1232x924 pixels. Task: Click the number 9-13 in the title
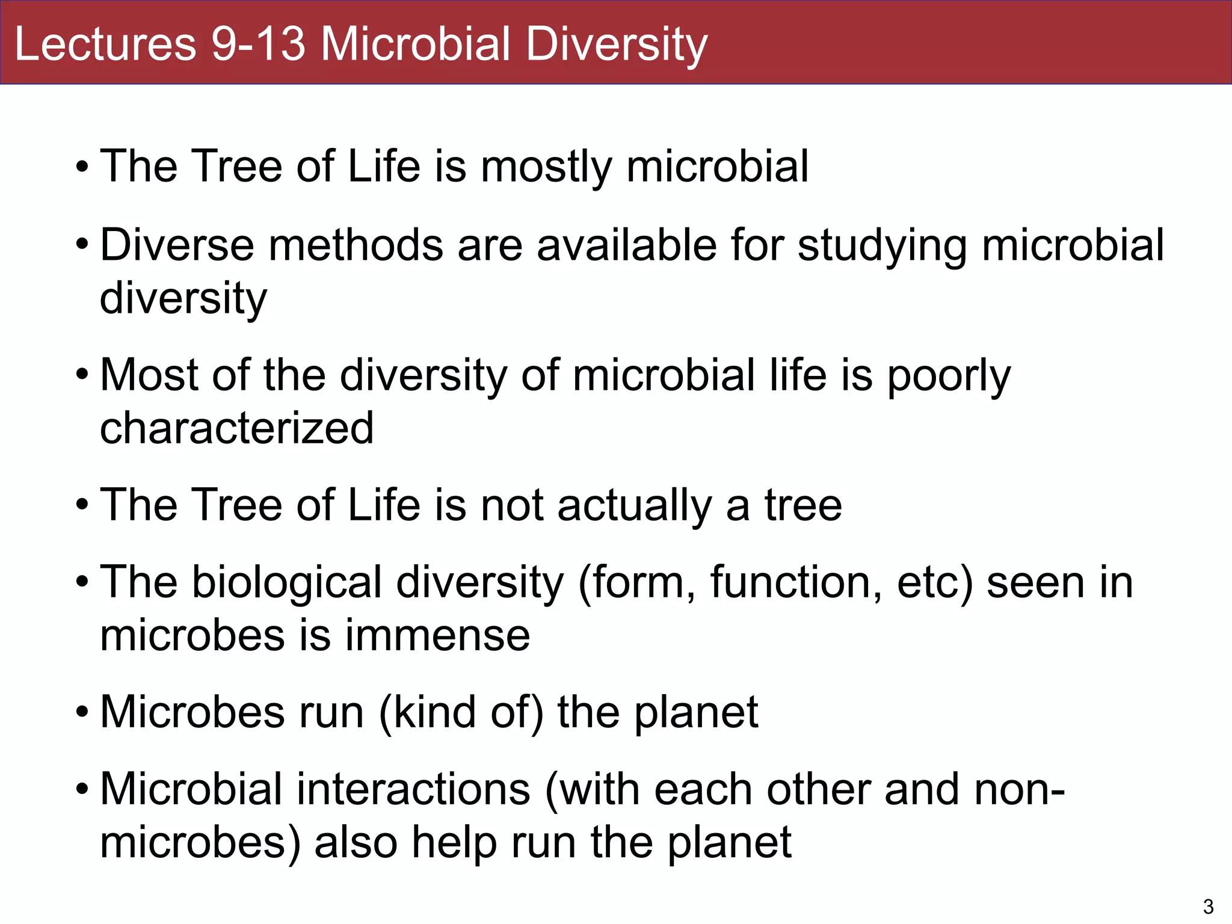pos(258,44)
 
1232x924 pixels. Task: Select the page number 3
pos(1208,906)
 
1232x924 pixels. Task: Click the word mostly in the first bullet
pos(546,167)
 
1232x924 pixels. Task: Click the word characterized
pos(236,428)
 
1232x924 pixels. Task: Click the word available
pos(627,245)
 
